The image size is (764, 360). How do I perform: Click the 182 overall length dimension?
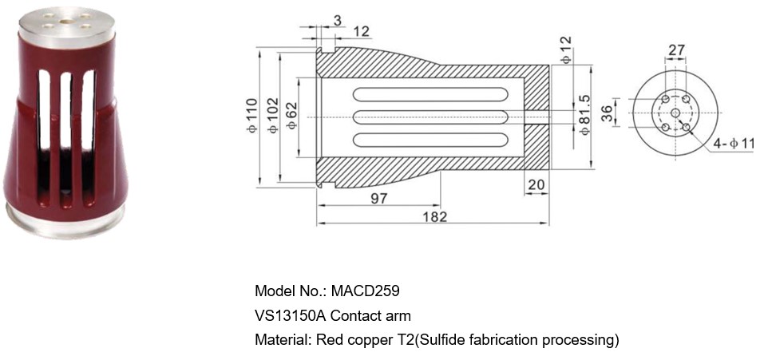click(x=434, y=216)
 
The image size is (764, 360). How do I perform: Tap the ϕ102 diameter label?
click(x=272, y=115)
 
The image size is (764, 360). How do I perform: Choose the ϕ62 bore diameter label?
click(x=291, y=116)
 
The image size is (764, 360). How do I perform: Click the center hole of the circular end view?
click(x=675, y=114)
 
